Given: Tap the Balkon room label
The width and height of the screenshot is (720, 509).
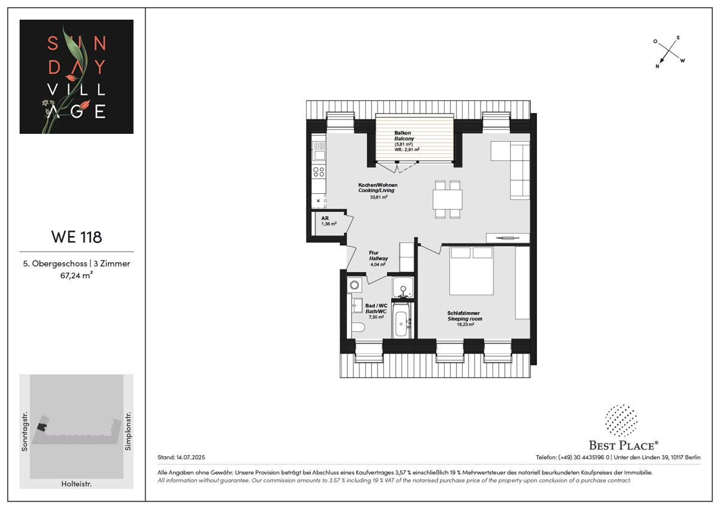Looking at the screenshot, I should tap(401, 133).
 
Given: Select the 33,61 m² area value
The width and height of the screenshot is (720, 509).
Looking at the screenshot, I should tap(378, 197).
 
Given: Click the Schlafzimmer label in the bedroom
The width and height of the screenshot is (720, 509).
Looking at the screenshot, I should tap(464, 313).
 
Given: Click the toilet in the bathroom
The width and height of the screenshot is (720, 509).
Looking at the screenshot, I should tap(358, 327).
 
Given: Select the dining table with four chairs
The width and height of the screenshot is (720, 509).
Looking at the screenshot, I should tap(448, 199).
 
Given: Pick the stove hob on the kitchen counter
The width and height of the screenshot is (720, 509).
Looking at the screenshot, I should tap(318, 173).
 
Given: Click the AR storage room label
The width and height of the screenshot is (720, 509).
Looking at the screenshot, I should tap(325, 218).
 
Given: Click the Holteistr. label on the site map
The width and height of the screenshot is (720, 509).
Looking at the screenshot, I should tap(76, 483).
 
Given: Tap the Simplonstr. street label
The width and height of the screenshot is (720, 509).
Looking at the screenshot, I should tap(128, 431).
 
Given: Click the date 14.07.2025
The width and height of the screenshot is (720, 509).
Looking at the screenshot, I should tap(190, 457).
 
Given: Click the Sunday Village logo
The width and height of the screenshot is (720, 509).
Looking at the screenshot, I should tap(76, 76).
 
